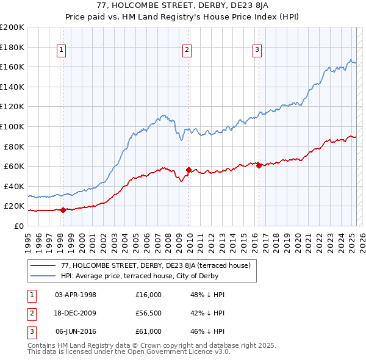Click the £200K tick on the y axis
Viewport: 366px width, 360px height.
(x=12, y=27)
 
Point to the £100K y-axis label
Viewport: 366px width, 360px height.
(x=12, y=126)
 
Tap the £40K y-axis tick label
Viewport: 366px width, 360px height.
(x=14, y=186)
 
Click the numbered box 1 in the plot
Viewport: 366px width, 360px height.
(x=62, y=51)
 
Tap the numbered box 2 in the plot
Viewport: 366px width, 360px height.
(x=187, y=51)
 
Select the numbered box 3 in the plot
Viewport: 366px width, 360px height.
(x=257, y=51)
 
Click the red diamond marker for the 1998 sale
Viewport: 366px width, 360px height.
(x=63, y=210)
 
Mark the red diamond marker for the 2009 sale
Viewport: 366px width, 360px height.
(x=188, y=170)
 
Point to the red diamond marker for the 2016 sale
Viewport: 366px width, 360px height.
(x=259, y=165)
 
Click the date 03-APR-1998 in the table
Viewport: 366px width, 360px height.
(x=76, y=295)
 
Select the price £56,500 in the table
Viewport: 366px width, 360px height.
(x=149, y=313)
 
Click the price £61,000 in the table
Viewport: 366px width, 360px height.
(x=149, y=331)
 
